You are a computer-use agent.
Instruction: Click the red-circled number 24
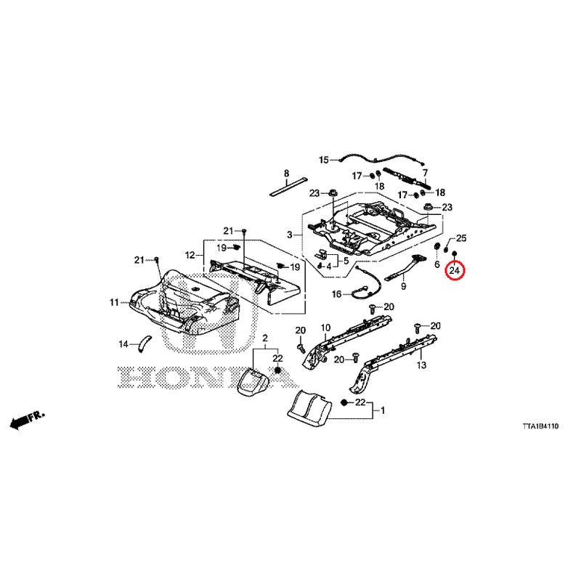pyautogui.click(x=455, y=270)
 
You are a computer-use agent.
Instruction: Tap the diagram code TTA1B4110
pyautogui.click(x=540, y=426)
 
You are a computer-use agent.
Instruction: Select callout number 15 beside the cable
pyautogui.click(x=324, y=160)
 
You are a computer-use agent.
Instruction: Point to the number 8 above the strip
pyautogui.click(x=286, y=173)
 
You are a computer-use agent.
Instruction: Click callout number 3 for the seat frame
pyautogui.click(x=290, y=235)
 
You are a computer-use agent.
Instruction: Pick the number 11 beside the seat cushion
pyautogui.click(x=114, y=302)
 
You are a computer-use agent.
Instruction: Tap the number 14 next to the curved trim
pyautogui.click(x=123, y=344)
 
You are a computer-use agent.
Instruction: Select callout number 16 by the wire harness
pyautogui.click(x=336, y=294)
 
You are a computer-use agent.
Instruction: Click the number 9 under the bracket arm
pyautogui.click(x=403, y=286)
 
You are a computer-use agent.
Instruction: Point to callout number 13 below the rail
pyautogui.click(x=421, y=365)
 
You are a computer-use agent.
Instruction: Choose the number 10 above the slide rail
pyautogui.click(x=325, y=328)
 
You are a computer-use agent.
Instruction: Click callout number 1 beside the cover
pyautogui.click(x=383, y=410)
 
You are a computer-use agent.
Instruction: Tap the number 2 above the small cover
pyautogui.click(x=265, y=338)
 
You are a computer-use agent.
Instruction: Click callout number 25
pyautogui.click(x=461, y=238)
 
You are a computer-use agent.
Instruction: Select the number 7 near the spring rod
pyautogui.click(x=425, y=173)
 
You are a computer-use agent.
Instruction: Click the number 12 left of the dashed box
pyautogui.click(x=190, y=255)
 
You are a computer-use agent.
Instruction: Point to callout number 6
pyautogui.click(x=437, y=264)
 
